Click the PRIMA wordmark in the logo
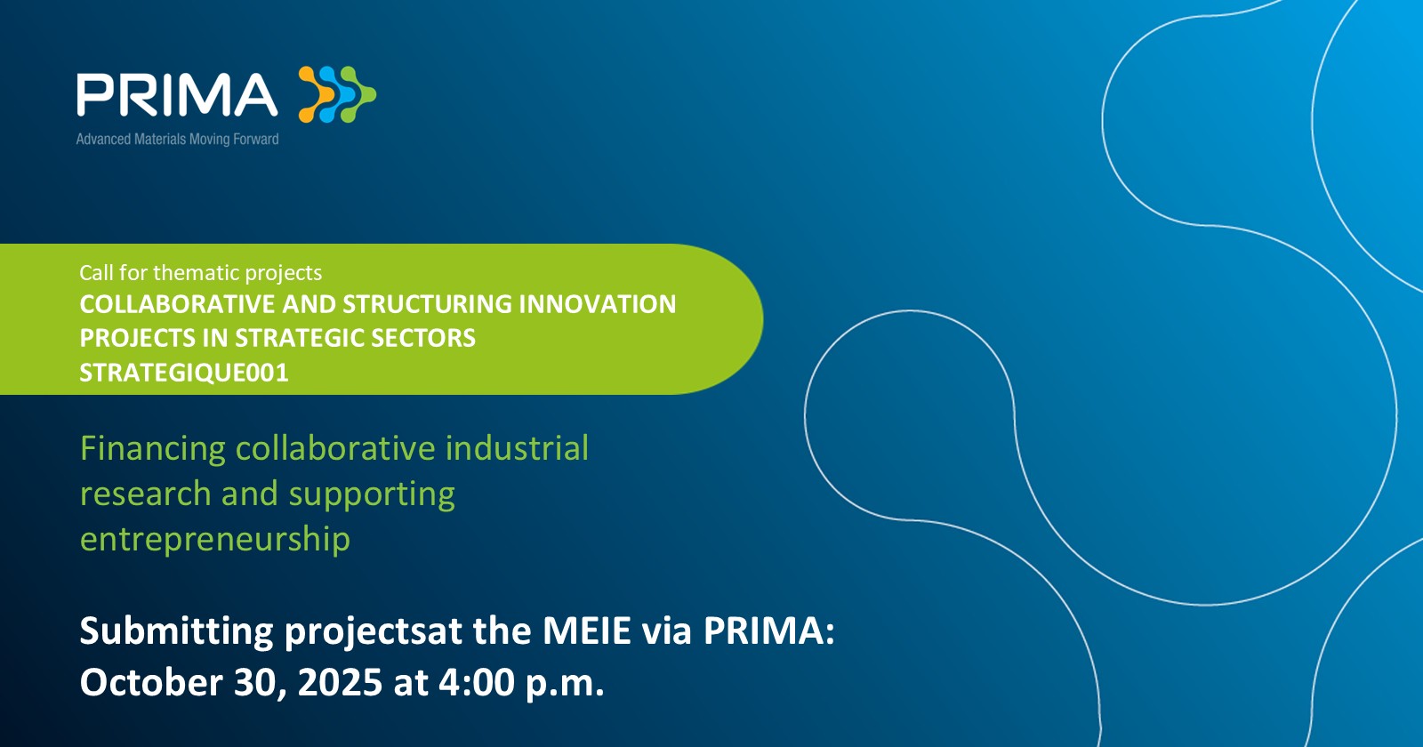pos(177,94)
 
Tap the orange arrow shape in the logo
pos(316,94)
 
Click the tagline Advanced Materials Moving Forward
pos(177,139)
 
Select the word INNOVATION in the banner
pos(597,304)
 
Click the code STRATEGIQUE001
pos(183,373)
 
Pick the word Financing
pos(152,449)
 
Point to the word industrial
pos(517,448)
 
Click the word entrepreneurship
pos(214,540)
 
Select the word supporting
pos(372,494)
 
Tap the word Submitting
pos(177,632)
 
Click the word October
pos(151,682)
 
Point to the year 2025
pos(340,682)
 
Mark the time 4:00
pos(477,682)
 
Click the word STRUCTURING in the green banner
pos(428,304)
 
